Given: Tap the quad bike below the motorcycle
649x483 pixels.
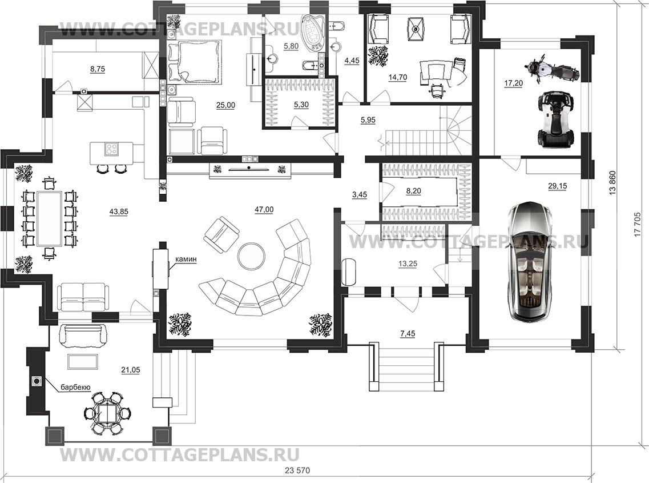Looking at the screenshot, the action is point(556,119).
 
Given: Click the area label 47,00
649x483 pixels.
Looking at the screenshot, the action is point(264,210).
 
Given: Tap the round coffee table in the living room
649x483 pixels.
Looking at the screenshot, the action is point(251,256).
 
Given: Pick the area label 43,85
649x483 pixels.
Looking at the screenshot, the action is point(119,211).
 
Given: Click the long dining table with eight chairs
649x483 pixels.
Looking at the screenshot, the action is point(49,218).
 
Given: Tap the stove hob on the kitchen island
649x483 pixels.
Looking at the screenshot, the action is point(112,149).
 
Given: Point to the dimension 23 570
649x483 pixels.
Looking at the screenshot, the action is point(297,470).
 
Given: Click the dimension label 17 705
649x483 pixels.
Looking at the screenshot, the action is point(637,226).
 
